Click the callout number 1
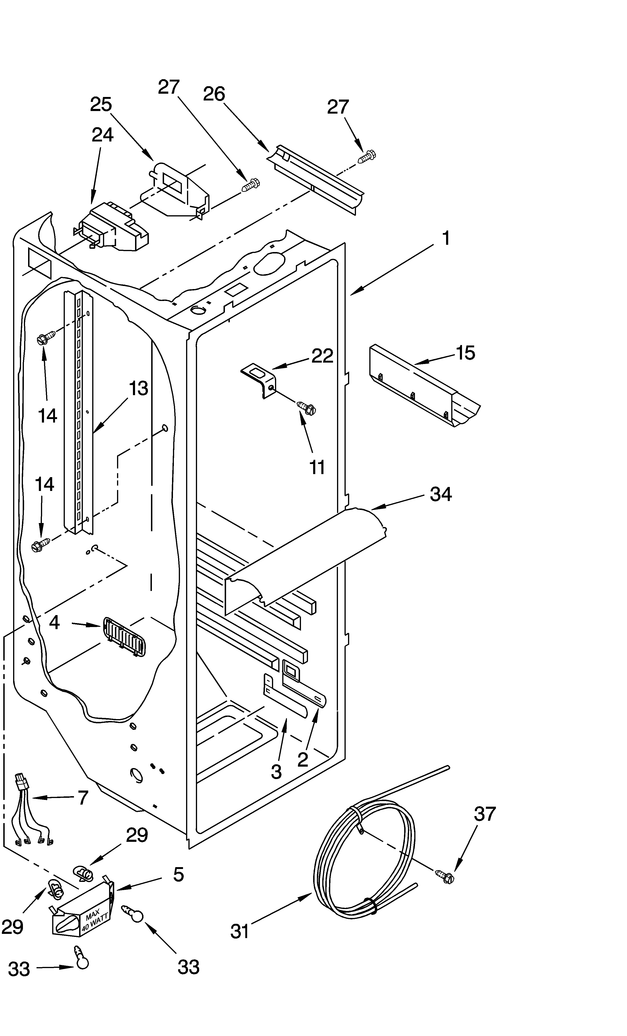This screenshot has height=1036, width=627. click(x=446, y=238)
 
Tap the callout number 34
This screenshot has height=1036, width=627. click(x=440, y=494)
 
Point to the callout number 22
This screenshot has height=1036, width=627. click(x=322, y=356)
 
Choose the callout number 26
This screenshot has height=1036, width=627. click(x=214, y=94)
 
